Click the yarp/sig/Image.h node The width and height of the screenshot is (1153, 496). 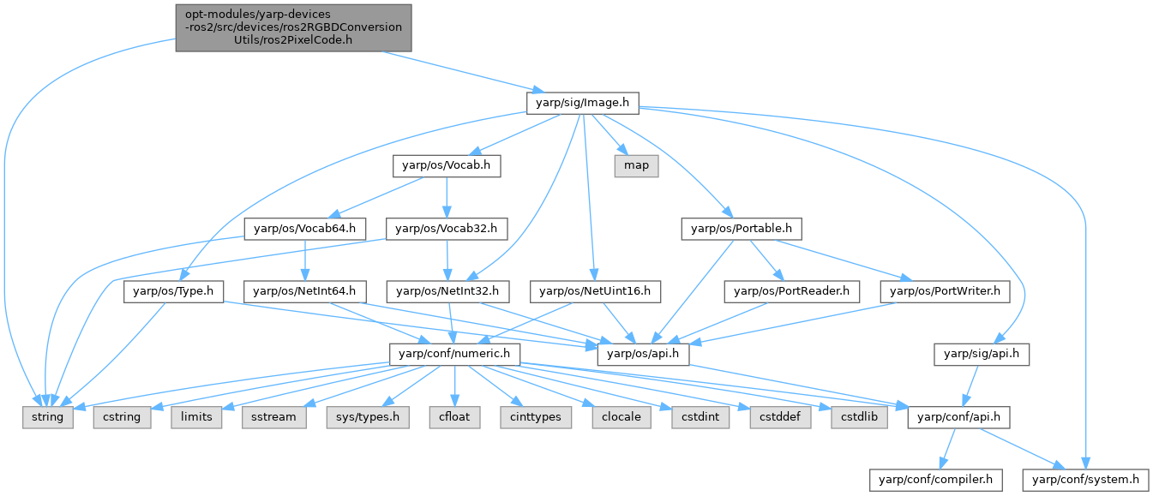pyautogui.click(x=582, y=103)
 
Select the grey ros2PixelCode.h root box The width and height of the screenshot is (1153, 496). pyautogui.click(x=293, y=27)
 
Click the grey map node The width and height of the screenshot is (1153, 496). pyautogui.click(x=636, y=165)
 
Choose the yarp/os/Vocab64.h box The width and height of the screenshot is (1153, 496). pyautogui.click(x=305, y=229)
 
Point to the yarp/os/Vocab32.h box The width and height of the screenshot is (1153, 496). pyautogui.click(x=447, y=229)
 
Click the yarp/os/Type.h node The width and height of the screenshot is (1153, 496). pyautogui.click(x=174, y=291)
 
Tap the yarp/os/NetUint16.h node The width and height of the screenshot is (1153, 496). pyautogui.click(x=595, y=291)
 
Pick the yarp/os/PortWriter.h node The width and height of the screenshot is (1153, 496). pyautogui.click(x=946, y=291)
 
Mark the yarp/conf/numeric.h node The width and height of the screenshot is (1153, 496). pyautogui.click(x=451, y=354)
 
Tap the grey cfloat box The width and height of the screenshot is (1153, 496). pyautogui.click(x=463, y=417)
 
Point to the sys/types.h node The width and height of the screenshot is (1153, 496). pyautogui.click(x=367, y=417)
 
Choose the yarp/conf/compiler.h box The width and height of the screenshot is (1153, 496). pyautogui.click(x=931, y=480)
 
